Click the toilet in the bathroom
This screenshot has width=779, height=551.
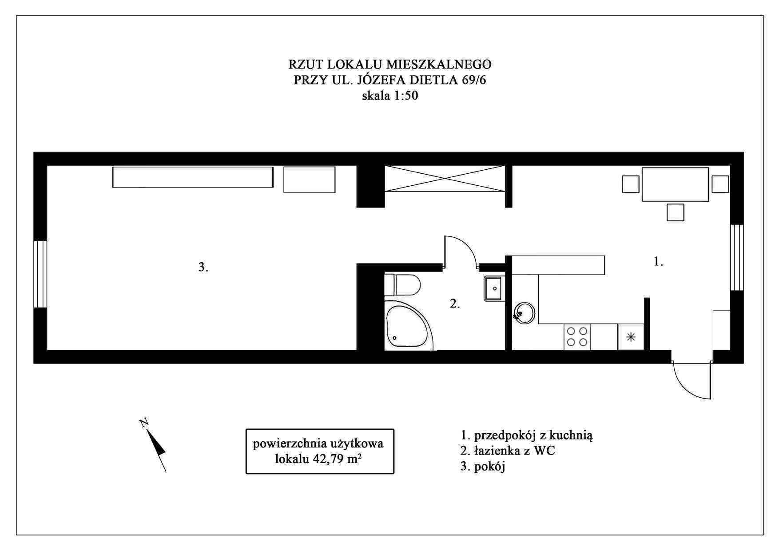[402, 285]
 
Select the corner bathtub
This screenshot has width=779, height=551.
[409, 326]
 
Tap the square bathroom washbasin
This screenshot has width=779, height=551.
[494, 288]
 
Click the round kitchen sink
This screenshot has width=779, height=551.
[525, 313]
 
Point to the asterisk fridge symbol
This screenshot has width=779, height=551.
[631, 337]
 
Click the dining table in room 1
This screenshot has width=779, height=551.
[675, 184]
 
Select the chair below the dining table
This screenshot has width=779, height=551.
[676, 212]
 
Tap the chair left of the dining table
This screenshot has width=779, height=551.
[631, 184]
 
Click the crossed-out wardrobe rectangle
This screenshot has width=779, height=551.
[445, 179]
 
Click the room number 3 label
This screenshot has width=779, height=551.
[203, 267]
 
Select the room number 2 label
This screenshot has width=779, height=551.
[455, 304]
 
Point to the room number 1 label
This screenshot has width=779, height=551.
[658, 262]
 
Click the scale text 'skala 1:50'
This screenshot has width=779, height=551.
[390, 96]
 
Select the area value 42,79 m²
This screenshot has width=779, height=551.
[336, 459]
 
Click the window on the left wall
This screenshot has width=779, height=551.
[40, 274]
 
